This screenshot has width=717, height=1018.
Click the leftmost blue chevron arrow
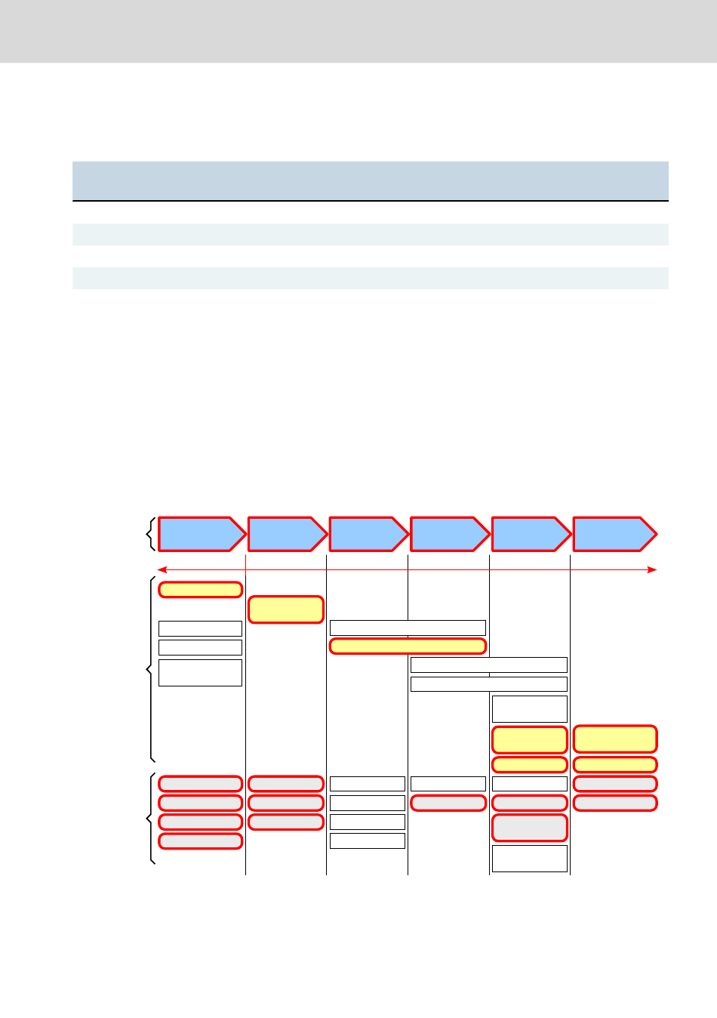[201, 534]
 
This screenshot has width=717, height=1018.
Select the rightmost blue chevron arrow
[614, 534]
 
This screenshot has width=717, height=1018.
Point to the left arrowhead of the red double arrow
[161, 569]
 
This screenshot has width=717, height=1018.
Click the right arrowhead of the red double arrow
[654, 569]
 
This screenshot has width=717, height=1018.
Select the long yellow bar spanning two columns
[408, 646]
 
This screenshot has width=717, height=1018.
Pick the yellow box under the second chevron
[285, 609]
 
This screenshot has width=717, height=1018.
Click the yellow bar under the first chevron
[200, 590]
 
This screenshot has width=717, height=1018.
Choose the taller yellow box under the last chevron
[614, 739]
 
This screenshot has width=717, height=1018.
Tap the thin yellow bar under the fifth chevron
[529, 764]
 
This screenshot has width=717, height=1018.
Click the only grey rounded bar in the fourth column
[448, 803]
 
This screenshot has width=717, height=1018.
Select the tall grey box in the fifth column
[529, 828]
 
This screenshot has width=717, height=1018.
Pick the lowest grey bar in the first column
[200, 841]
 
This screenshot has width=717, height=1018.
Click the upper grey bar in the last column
[614, 784]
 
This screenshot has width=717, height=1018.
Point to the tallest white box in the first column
[200, 672]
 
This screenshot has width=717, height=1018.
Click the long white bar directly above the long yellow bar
[408, 628]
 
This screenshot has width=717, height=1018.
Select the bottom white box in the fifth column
[529, 859]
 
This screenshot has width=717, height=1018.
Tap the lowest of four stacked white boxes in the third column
[368, 841]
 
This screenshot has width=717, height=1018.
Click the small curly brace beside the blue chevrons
[151, 534]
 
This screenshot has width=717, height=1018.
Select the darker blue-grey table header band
[370, 180]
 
